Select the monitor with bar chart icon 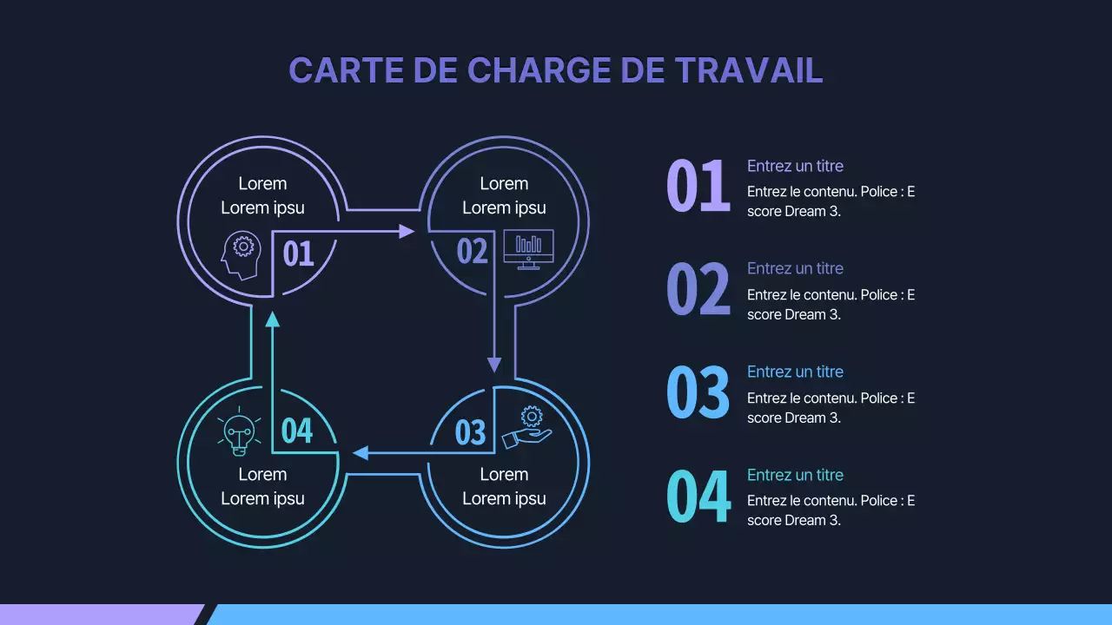pyautogui.click(x=528, y=249)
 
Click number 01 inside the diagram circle pyautogui.click(x=298, y=253)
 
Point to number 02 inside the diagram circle pyautogui.click(x=473, y=252)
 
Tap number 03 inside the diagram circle pyautogui.click(x=470, y=431)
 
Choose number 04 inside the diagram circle pyautogui.click(x=297, y=430)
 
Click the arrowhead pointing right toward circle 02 pyautogui.click(x=406, y=231)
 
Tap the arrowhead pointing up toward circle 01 pyautogui.click(x=273, y=319)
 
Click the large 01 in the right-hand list pyautogui.click(x=698, y=187)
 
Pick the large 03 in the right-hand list pyautogui.click(x=698, y=392)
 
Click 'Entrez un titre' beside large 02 pyautogui.click(x=795, y=268)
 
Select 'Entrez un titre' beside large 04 pyautogui.click(x=795, y=475)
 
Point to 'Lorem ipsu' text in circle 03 pyautogui.click(x=504, y=498)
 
